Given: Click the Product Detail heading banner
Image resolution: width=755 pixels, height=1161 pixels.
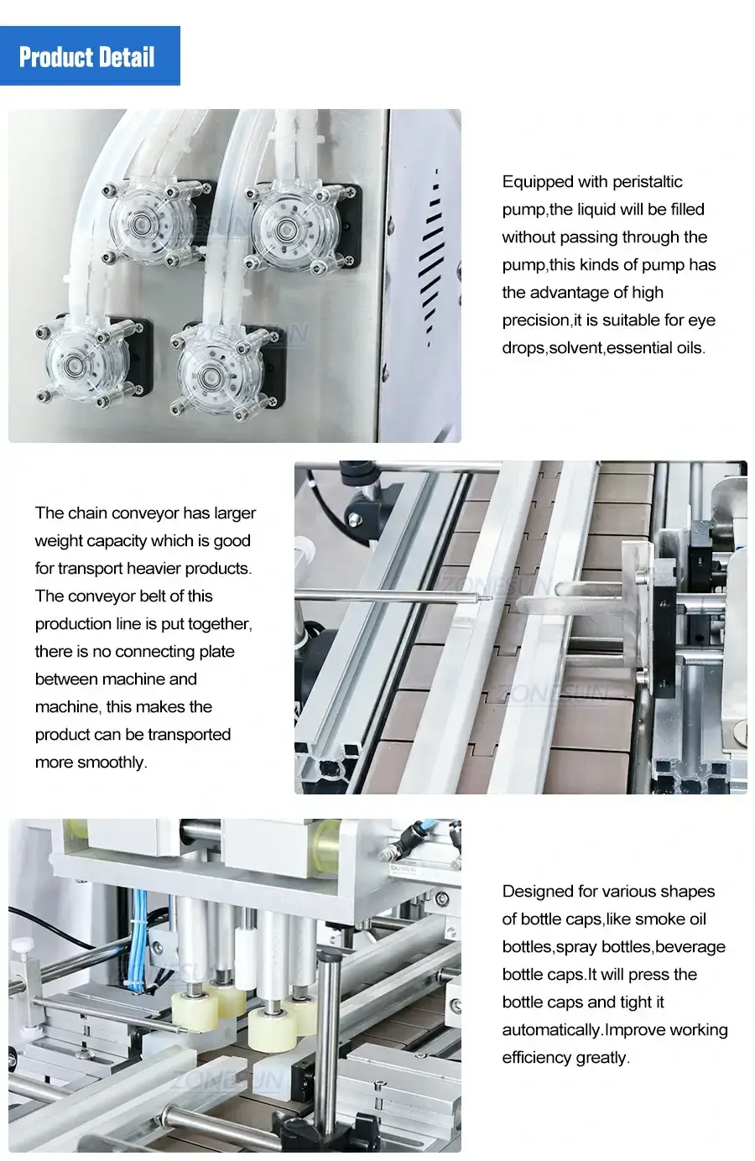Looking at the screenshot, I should [x=90, y=56].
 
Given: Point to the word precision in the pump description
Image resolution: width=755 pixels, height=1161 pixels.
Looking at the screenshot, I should [x=536, y=320].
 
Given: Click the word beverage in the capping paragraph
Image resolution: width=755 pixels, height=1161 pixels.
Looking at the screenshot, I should [x=690, y=947].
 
